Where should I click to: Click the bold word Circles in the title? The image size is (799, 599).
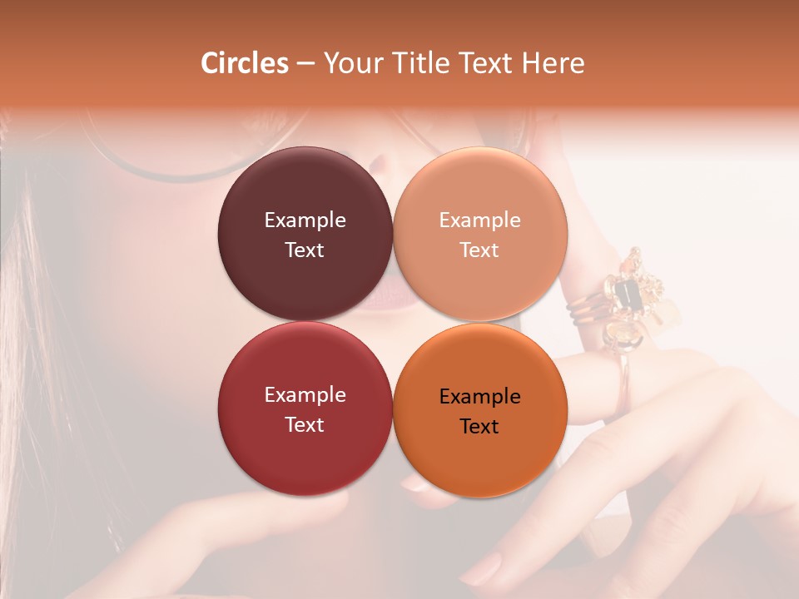click(244, 63)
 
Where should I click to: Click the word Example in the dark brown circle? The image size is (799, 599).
click(305, 220)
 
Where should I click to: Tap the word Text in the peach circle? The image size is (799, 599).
click(479, 250)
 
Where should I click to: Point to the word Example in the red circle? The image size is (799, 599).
click(305, 395)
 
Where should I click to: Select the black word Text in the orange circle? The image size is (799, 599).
click(479, 426)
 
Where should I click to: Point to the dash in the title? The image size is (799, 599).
click(305, 64)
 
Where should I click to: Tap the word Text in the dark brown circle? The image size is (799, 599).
click(305, 250)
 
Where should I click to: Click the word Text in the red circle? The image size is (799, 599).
click(305, 424)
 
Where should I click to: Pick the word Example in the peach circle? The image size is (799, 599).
click(479, 220)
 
